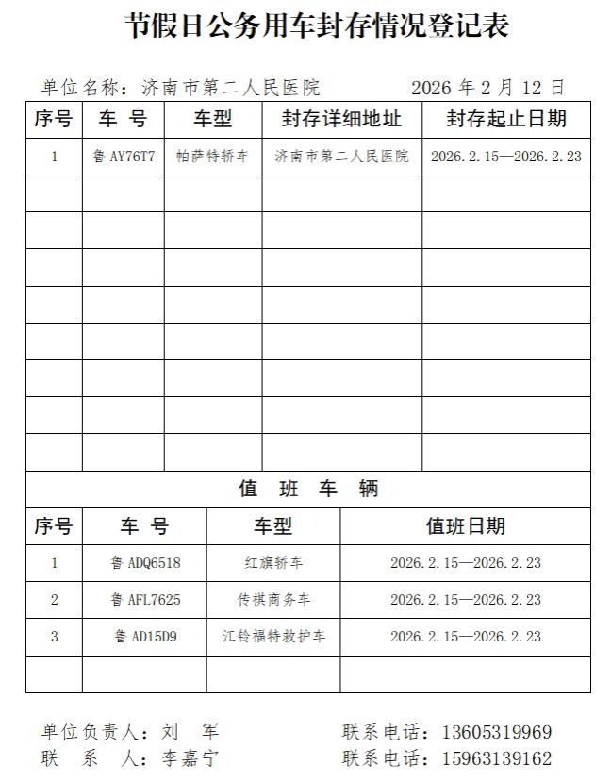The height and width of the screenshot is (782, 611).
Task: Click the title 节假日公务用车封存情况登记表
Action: click(317, 26)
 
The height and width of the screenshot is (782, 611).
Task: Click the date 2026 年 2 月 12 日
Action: click(487, 89)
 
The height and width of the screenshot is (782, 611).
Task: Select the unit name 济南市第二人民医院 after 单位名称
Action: click(230, 89)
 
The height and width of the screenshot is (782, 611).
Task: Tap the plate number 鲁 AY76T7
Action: click(124, 157)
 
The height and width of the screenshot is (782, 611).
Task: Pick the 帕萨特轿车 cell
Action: click(213, 157)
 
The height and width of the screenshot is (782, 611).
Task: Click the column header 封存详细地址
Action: click(341, 120)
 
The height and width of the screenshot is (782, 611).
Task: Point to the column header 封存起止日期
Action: click(506, 120)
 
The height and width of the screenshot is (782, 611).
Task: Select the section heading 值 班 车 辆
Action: click(307, 490)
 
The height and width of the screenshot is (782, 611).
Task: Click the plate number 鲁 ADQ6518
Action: click(144, 563)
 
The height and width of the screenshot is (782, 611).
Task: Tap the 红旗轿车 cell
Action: click(273, 563)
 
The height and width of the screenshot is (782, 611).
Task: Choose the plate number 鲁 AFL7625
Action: click(144, 600)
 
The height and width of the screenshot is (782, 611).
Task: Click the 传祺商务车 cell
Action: click(273, 600)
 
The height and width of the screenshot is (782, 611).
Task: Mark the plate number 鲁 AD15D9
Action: click(144, 637)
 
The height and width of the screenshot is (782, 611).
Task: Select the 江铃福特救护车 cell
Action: click(273, 637)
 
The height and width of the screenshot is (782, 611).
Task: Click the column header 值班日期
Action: click(465, 526)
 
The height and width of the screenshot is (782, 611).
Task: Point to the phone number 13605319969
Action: click(497, 733)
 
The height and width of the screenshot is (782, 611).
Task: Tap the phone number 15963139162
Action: click(497, 758)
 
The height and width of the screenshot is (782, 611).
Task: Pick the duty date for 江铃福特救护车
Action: click(465, 637)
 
